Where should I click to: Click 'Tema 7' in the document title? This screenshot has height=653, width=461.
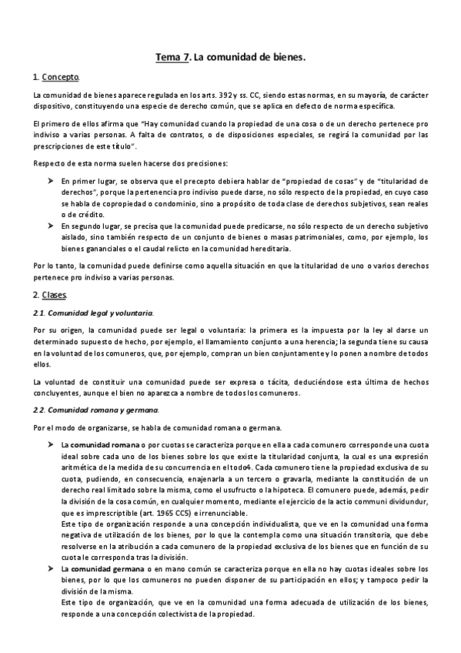tap(172, 57)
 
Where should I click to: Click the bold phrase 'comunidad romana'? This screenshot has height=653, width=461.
tap(103, 446)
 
